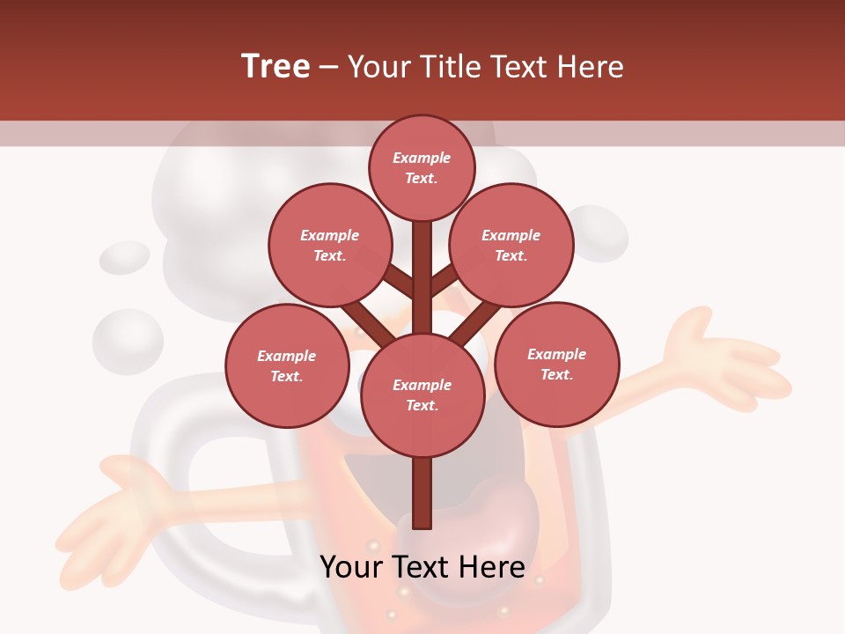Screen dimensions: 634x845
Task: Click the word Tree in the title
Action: click(x=276, y=67)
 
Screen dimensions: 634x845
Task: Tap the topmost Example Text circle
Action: click(x=422, y=167)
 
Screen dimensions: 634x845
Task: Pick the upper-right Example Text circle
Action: click(x=511, y=245)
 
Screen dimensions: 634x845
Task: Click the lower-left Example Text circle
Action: click(x=287, y=365)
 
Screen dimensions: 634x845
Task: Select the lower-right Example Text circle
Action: click(x=557, y=364)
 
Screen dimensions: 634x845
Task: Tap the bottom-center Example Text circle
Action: click(x=422, y=394)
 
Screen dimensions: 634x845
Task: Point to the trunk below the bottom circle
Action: click(x=422, y=493)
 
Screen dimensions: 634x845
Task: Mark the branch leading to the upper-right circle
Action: click(x=444, y=281)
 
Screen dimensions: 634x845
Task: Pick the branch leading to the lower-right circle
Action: click(x=476, y=323)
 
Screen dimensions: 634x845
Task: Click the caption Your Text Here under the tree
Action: click(x=422, y=567)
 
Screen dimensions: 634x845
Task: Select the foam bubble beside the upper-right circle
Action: click(x=599, y=233)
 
